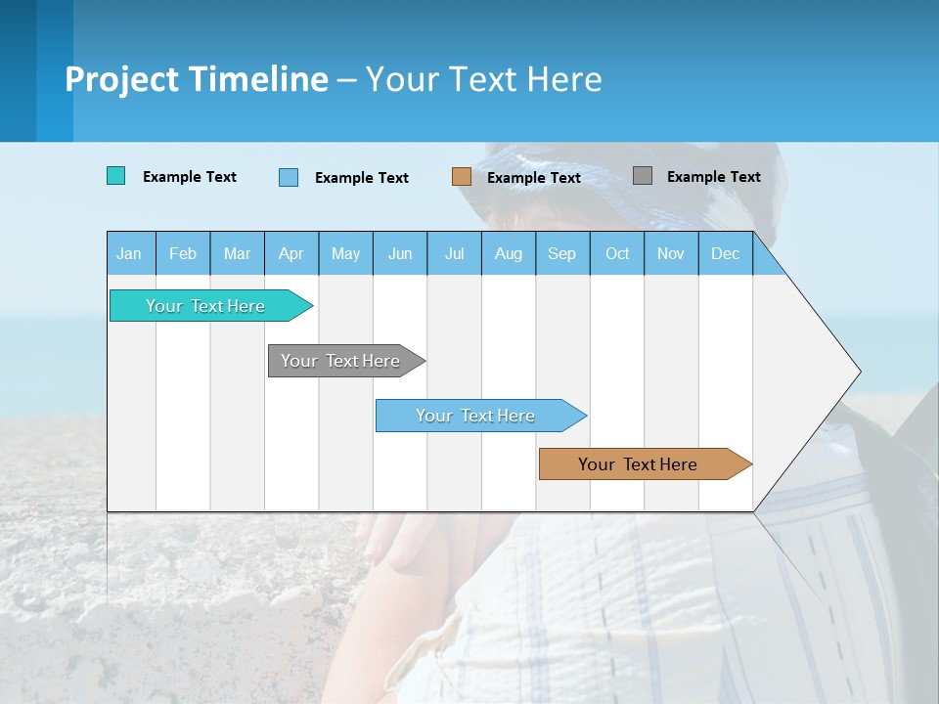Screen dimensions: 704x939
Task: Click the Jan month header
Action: point(129,253)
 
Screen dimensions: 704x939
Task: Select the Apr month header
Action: point(291,253)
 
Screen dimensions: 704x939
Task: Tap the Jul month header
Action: point(454,253)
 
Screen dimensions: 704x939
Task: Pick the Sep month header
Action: point(561,253)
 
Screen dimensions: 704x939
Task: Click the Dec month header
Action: point(725,253)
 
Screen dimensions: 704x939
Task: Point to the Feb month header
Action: point(183,253)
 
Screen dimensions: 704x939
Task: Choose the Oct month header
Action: point(617,253)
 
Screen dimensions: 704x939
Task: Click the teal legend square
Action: point(115,176)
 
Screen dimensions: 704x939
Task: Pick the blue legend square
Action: point(289,177)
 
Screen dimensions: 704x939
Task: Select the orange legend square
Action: point(462,177)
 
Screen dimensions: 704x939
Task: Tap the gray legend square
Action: point(643,176)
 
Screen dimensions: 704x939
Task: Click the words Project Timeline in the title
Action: point(196,79)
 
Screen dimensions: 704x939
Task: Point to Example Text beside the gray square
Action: point(713,177)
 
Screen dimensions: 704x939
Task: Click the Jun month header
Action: point(400,253)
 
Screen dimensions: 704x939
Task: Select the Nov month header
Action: point(671,253)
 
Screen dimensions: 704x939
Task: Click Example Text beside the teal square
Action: point(190,177)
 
